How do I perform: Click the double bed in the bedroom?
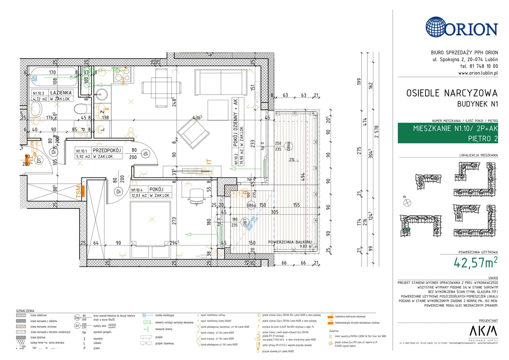[151, 223]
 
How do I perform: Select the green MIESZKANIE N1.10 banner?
[448, 133]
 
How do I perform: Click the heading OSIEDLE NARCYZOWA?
[452, 93]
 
